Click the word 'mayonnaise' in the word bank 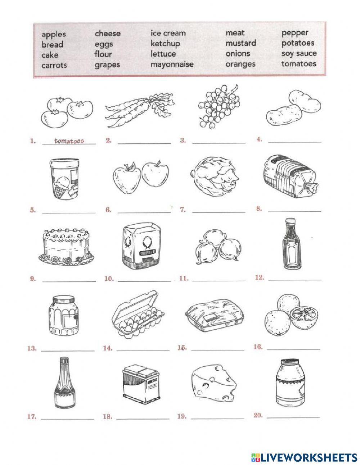[172, 64]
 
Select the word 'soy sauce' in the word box [299, 53]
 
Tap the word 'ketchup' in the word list [165, 44]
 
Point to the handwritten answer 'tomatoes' [69, 141]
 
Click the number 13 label [32, 348]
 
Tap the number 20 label [258, 415]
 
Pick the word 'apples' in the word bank [54, 34]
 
